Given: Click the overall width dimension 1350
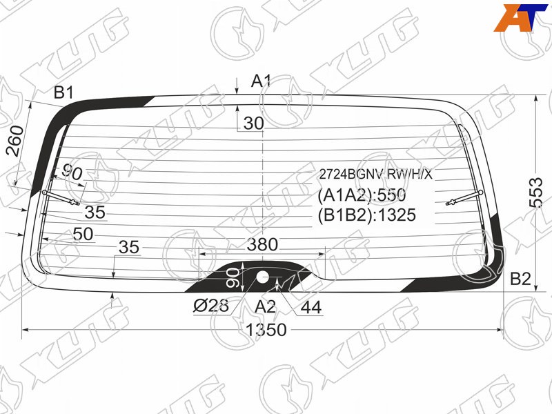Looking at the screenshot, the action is pyautogui.click(x=266, y=330).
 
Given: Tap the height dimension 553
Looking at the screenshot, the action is pyautogui.click(x=536, y=193).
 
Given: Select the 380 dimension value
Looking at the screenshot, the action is pyautogui.click(x=262, y=244).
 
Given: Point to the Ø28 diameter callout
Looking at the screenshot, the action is pyautogui.click(x=211, y=305).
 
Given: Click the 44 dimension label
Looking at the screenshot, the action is pyautogui.click(x=311, y=307).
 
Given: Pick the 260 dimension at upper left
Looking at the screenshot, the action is pyautogui.click(x=15, y=141).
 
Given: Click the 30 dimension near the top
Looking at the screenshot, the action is pyautogui.click(x=253, y=124).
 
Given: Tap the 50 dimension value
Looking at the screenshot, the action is pyautogui.click(x=83, y=234).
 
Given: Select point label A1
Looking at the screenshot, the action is pyautogui.click(x=261, y=81).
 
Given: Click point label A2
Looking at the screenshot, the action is pyautogui.click(x=265, y=306).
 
